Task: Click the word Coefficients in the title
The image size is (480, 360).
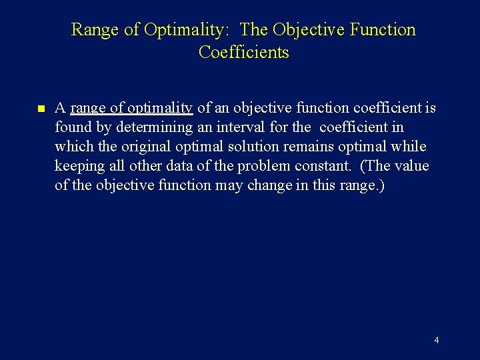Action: coord(244,52)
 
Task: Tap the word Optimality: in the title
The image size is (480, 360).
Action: coord(188,30)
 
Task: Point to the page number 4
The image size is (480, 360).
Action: coord(436,340)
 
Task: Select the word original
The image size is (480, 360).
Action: coord(129,147)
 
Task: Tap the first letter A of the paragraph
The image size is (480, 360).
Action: coord(60,108)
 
